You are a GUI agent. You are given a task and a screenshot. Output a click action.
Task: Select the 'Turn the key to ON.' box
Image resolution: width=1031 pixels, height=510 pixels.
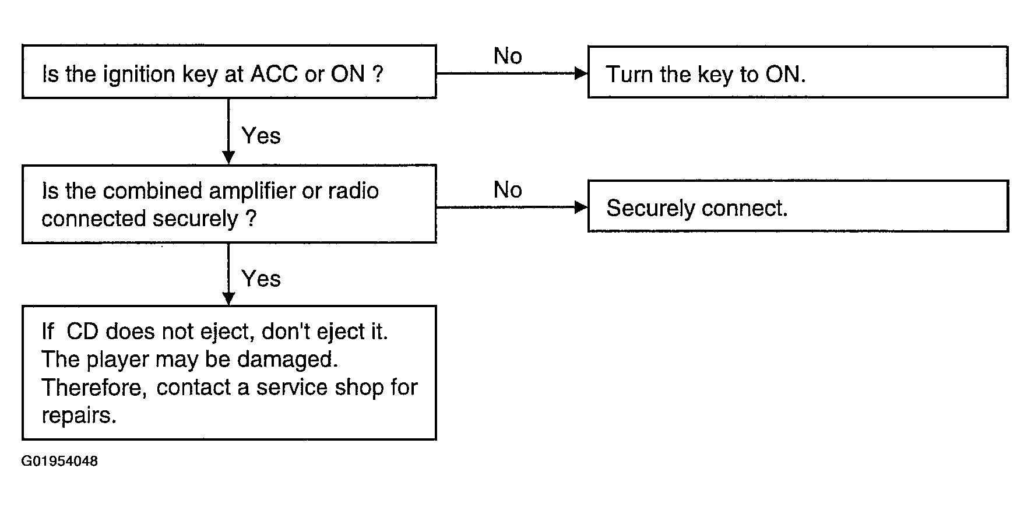tap(798, 72)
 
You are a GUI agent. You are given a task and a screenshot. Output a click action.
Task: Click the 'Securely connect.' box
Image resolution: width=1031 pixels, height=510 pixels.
tap(798, 206)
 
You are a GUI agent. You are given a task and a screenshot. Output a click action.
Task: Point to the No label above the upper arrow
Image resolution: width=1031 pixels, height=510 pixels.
tap(508, 56)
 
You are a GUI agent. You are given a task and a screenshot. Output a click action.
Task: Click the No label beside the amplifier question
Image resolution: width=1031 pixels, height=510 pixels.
tap(508, 190)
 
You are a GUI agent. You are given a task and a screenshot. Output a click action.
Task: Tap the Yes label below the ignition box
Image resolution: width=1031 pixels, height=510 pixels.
tap(261, 136)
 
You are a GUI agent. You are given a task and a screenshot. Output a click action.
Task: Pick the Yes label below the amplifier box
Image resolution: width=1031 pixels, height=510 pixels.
tap(261, 279)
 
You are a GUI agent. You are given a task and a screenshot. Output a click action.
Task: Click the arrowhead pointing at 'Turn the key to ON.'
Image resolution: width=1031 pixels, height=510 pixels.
tap(581, 73)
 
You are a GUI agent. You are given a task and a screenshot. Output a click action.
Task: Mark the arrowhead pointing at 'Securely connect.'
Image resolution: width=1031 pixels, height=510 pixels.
tap(581, 207)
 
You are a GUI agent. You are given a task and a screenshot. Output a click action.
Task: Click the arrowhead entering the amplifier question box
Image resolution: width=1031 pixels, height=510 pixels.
tap(228, 158)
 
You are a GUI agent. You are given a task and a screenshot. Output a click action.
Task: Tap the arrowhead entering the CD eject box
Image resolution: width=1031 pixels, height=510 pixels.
tap(228, 298)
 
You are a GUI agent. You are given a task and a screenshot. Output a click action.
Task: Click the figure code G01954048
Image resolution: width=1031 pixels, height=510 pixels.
tap(60, 462)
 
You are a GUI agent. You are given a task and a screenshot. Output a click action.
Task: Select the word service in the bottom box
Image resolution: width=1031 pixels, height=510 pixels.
tap(290, 388)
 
